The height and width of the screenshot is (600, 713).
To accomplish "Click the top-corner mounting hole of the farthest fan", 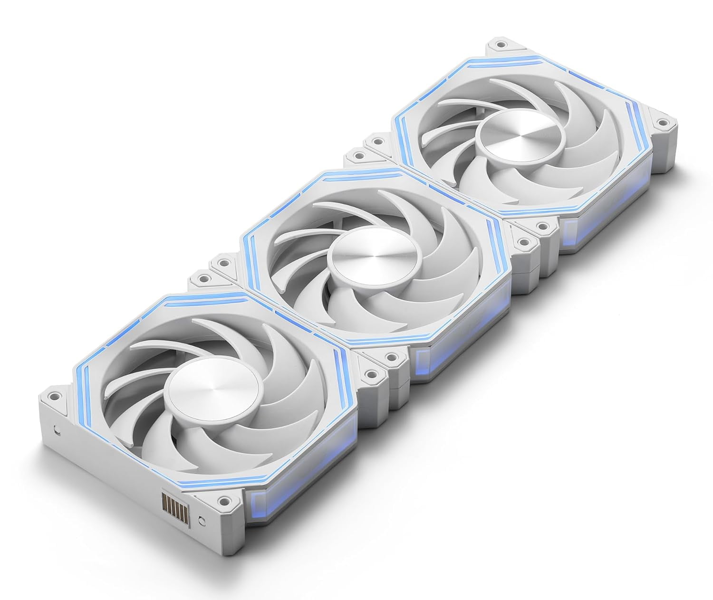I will coord(500,45).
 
